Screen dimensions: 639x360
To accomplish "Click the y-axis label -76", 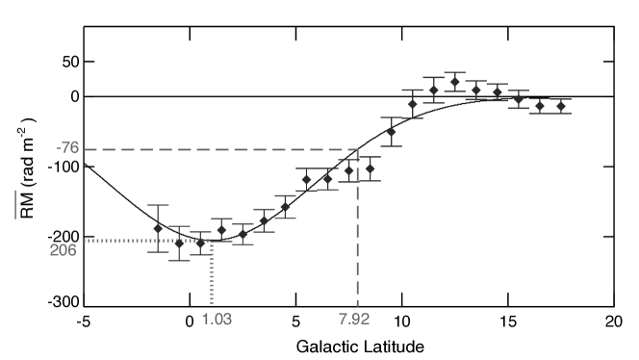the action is pos(67,148).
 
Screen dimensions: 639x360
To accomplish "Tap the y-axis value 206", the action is pos(64,250).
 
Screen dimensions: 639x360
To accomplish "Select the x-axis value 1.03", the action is pos(217,319).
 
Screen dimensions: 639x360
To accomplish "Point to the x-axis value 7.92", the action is pos(354,319).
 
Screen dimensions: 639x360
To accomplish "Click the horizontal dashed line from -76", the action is pos(221,149).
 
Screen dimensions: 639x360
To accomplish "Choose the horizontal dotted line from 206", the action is pos(144,241).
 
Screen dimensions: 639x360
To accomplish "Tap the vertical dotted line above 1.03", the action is pos(212,274).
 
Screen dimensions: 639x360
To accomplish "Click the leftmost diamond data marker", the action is pos(158,228).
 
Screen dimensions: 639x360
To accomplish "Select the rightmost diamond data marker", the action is pos(561,106).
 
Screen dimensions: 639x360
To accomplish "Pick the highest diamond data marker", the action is pos(455,82).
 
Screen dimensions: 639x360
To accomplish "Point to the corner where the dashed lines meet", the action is pos(358,149).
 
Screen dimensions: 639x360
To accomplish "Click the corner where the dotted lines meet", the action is pos(212,241).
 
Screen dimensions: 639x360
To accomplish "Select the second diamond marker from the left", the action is pos(179,243).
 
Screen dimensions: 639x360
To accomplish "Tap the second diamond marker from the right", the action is pos(540,106).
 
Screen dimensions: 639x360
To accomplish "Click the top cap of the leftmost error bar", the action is pos(158,205).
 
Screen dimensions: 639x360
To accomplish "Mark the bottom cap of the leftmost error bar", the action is pos(158,252).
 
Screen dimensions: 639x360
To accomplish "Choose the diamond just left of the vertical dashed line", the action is pos(348,170).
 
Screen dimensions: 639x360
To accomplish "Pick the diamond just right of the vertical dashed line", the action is pos(370,168).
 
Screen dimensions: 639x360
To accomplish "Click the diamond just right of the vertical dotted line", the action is pos(221,230).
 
